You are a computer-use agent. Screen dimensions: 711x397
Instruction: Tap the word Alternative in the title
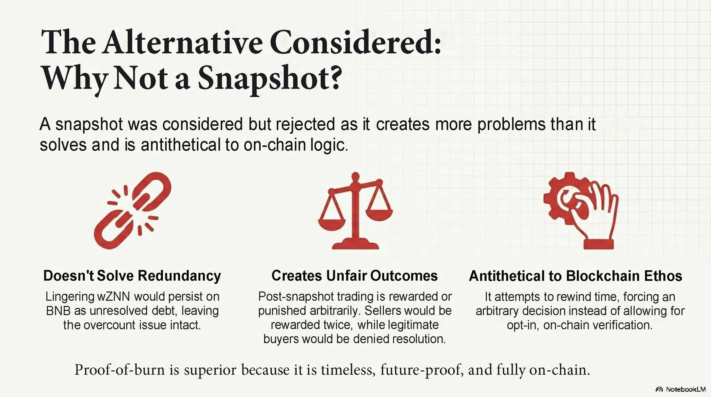(x=183, y=43)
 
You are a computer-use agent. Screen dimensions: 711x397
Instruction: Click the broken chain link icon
(x=132, y=210)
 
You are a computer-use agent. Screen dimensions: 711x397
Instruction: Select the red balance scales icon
(x=355, y=210)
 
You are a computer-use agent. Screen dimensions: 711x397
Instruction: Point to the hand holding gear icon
(x=581, y=210)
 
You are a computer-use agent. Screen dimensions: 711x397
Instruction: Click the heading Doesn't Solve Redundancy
(x=132, y=276)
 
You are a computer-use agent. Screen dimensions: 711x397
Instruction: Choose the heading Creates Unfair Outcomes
(x=354, y=276)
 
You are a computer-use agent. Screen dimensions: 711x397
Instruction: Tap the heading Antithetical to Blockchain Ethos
(x=575, y=276)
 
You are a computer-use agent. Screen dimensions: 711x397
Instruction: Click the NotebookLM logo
(x=681, y=389)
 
